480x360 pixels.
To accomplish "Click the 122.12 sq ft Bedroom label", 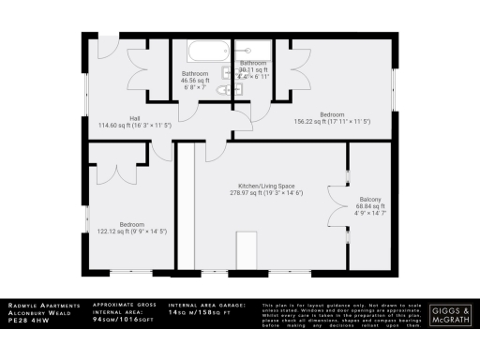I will [x=131, y=228].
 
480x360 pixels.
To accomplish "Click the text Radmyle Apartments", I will [x=38, y=305].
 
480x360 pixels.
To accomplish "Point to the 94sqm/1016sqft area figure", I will [x=122, y=320].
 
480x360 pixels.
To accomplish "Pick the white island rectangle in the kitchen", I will [x=247, y=250].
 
